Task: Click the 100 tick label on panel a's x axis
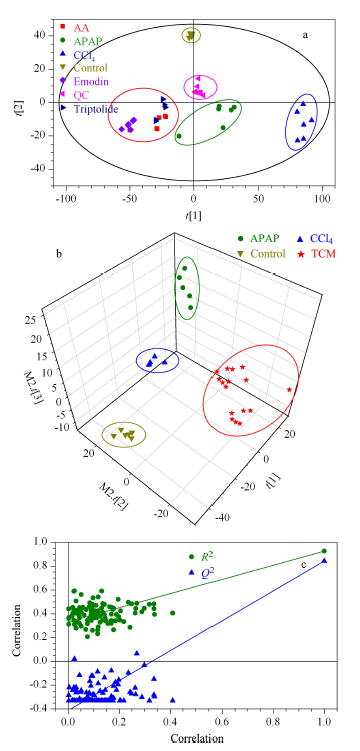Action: pyautogui.click(x=322, y=198)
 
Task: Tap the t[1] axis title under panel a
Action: pyautogui.click(x=193, y=216)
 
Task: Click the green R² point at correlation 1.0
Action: pyautogui.click(x=324, y=551)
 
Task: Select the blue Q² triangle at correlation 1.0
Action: pyautogui.click(x=324, y=560)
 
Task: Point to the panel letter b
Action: pyautogui.click(x=59, y=254)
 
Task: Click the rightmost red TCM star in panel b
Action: pyautogui.click(x=289, y=390)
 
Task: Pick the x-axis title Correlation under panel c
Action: pyautogui.click(x=196, y=736)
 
